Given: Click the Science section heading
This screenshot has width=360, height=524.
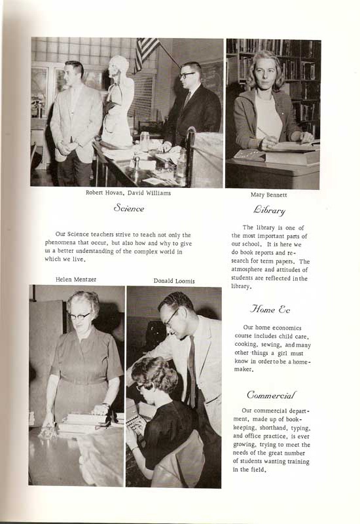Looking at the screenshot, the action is click(129, 208).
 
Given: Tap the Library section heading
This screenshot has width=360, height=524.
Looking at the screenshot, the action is click(269, 210).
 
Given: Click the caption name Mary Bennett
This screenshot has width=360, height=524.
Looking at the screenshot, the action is click(268, 195).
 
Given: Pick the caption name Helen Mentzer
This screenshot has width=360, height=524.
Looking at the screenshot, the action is click(77, 279).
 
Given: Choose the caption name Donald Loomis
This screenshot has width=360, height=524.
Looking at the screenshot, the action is click(174, 280).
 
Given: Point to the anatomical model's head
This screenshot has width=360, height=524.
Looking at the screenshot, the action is click(118, 65).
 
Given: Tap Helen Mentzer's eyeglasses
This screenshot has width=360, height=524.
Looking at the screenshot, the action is click(81, 315).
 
